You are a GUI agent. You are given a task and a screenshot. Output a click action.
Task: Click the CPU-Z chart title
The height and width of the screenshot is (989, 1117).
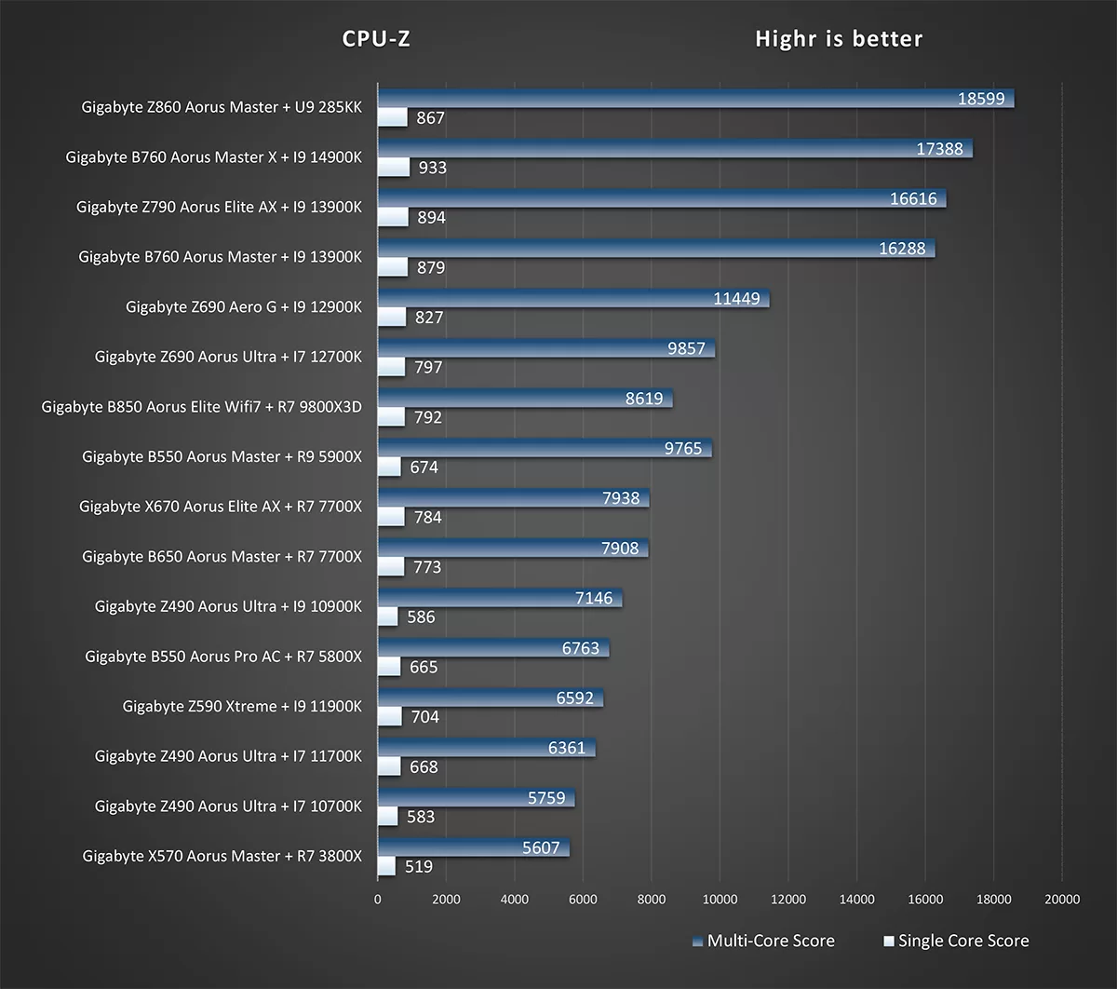(376, 39)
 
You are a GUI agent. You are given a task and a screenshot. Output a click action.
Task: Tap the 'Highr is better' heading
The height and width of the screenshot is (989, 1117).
(839, 39)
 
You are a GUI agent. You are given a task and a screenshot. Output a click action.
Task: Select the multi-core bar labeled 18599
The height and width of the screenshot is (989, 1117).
(695, 99)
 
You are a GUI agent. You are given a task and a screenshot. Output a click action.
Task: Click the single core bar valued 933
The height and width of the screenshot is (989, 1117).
(393, 168)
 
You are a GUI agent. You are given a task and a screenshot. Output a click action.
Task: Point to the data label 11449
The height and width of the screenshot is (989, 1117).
(736, 299)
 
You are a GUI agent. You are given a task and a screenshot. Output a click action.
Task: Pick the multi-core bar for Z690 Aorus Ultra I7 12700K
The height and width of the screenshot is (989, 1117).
(545, 349)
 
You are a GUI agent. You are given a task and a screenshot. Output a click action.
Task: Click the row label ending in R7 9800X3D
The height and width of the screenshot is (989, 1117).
(202, 406)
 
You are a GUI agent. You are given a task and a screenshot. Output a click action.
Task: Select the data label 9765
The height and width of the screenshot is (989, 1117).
(683, 449)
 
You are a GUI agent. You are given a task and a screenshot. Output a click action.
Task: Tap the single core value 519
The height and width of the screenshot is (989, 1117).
(419, 866)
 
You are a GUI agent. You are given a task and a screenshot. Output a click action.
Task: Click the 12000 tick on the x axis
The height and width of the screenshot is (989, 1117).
(787, 899)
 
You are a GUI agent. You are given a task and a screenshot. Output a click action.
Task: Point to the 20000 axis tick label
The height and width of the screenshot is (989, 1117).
(1062, 899)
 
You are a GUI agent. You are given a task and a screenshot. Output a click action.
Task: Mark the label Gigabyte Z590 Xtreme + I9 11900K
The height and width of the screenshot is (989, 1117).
(242, 706)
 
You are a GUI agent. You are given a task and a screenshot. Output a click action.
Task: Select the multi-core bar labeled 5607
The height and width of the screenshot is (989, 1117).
(473, 848)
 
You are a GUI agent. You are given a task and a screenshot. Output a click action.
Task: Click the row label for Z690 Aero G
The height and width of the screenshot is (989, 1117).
(244, 306)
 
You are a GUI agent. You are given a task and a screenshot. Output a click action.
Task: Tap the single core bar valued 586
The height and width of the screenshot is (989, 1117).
(387, 616)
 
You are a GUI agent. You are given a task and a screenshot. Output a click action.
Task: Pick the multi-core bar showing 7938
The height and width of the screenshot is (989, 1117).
(513, 498)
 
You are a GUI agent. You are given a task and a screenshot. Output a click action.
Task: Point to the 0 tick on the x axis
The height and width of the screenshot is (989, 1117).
(377, 899)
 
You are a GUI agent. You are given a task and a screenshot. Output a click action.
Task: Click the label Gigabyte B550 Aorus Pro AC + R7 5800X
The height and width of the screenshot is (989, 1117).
(223, 657)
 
